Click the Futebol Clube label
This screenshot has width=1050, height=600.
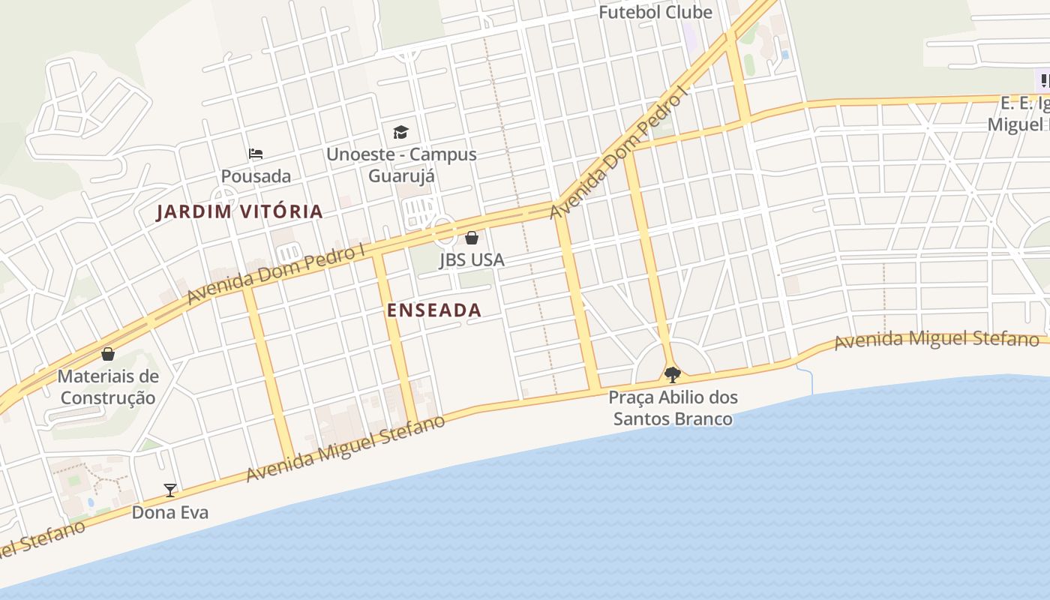(655, 13)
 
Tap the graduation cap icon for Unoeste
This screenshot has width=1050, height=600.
(401, 133)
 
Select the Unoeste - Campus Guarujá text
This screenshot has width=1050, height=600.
(401, 165)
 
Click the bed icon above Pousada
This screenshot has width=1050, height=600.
(256, 154)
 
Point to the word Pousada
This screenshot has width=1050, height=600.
(256, 176)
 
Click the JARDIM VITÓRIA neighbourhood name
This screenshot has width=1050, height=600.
(239, 211)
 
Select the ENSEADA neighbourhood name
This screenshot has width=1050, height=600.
(433, 310)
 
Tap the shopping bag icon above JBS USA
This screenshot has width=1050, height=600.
(472, 238)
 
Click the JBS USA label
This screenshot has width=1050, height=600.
(472, 260)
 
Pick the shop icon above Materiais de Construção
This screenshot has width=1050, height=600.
(108, 354)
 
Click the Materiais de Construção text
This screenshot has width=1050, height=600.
(108, 387)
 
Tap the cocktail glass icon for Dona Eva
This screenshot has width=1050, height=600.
(170, 490)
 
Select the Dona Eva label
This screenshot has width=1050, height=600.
(170, 513)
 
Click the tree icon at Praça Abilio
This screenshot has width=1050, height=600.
(673, 374)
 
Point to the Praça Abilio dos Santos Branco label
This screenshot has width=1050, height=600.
(673, 408)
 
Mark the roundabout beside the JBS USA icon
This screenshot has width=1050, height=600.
(443, 229)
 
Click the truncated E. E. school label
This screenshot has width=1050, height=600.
(1023, 114)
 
